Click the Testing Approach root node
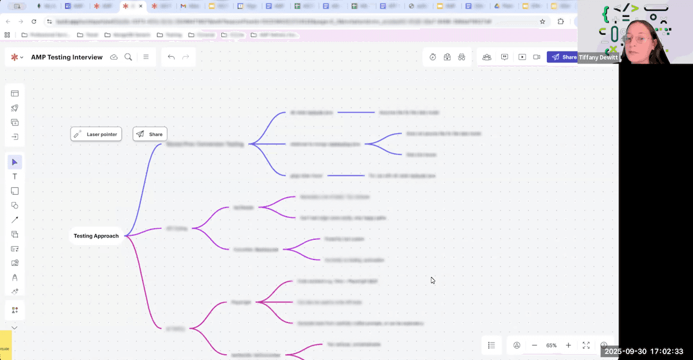96,236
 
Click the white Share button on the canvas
150,134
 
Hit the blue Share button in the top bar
563,57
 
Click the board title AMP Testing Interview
67,57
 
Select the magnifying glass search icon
128,57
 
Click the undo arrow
171,57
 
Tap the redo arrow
185,57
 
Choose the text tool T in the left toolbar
15,176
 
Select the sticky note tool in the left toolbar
15,191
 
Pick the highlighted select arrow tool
15,162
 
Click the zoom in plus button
568,345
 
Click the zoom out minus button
534,345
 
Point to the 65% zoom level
551,346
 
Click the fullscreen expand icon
586,345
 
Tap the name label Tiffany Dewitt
598,58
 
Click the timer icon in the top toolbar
433,57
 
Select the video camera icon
536,57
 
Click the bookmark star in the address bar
542,21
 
